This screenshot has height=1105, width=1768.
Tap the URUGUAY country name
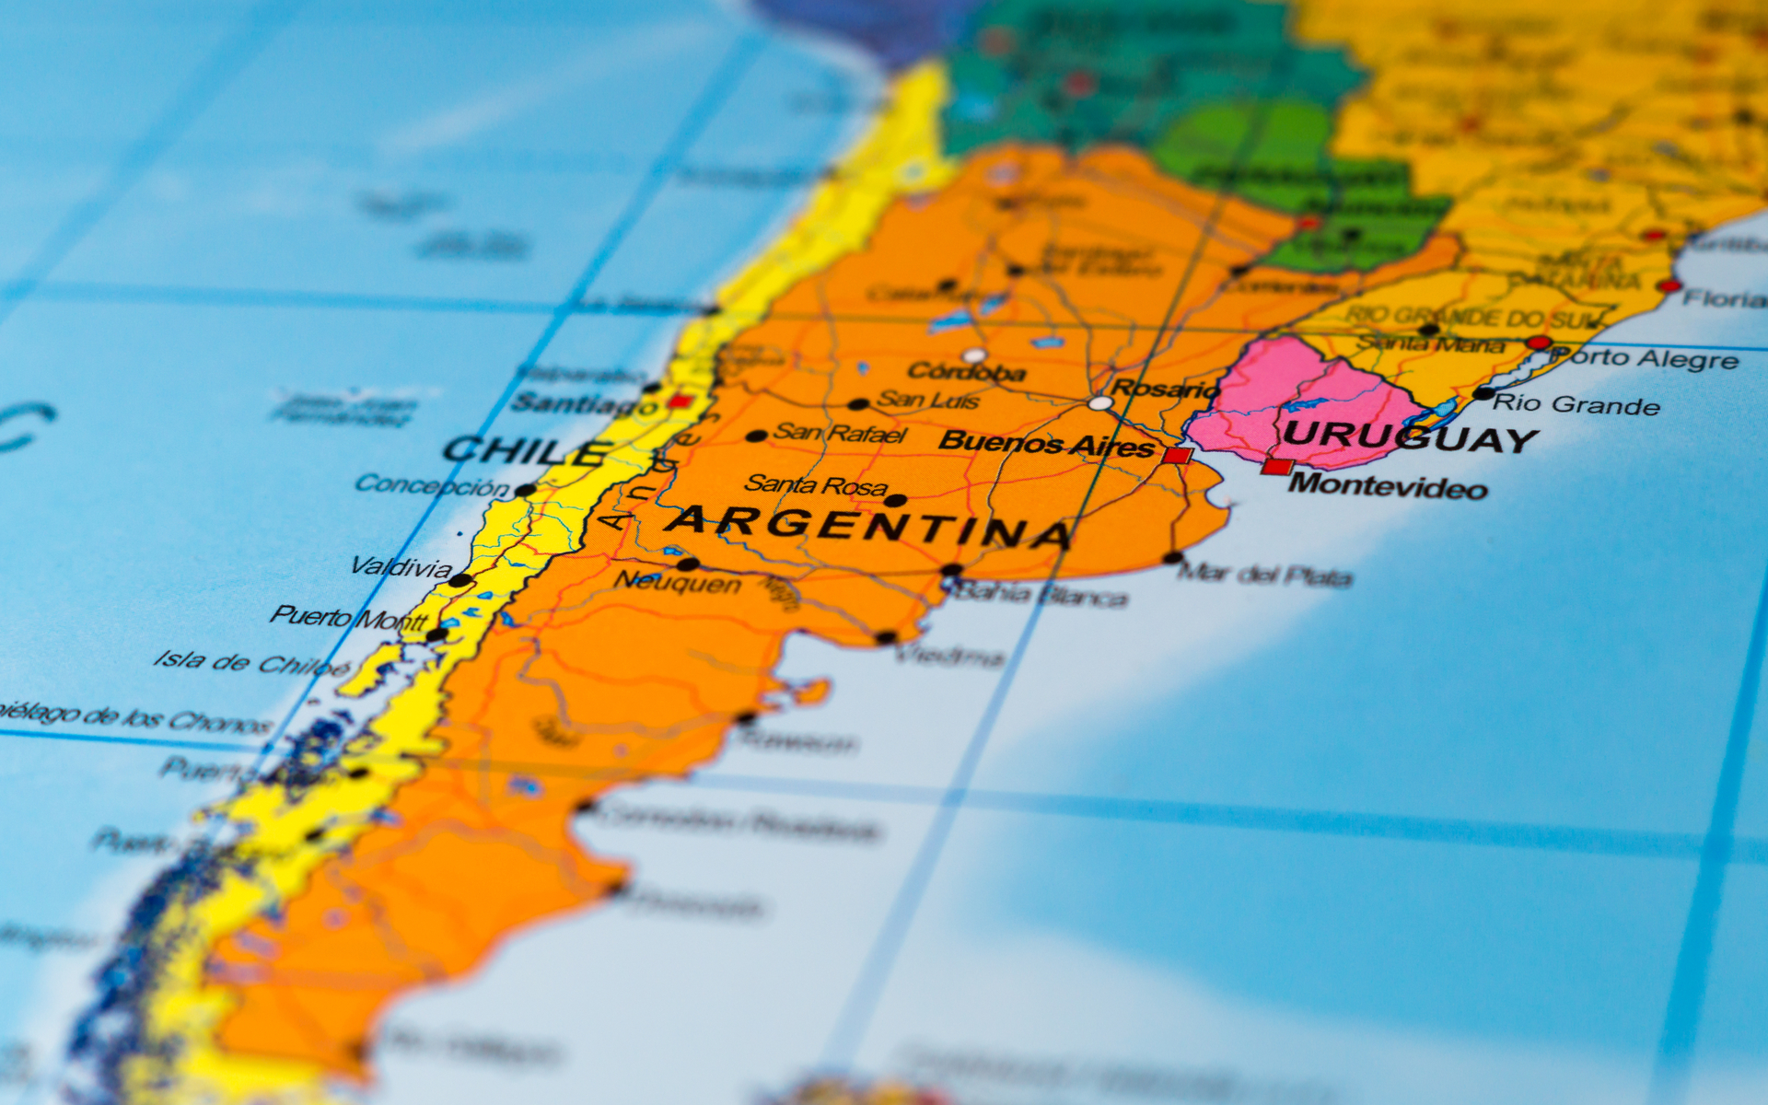point(1409,436)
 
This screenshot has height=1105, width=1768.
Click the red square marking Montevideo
point(1276,466)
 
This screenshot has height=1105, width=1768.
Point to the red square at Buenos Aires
point(1176,455)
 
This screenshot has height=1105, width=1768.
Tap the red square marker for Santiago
point(680,401)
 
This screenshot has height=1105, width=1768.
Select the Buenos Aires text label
point(1046,443)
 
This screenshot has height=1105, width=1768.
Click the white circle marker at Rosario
point(1099,402)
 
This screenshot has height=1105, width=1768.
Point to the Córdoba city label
point(966,371)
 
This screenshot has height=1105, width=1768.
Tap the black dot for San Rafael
point(756,436)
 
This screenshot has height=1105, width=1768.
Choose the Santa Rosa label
point(816,484)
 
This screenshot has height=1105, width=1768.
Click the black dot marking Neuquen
point(687,564)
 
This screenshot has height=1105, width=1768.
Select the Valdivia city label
point(401,566)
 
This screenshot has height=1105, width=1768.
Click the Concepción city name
point(432,485)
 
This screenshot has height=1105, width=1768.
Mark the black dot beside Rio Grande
point(1483,393)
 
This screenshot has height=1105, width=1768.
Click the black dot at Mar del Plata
point(1173,557)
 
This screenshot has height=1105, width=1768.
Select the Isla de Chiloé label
point(251,662)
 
